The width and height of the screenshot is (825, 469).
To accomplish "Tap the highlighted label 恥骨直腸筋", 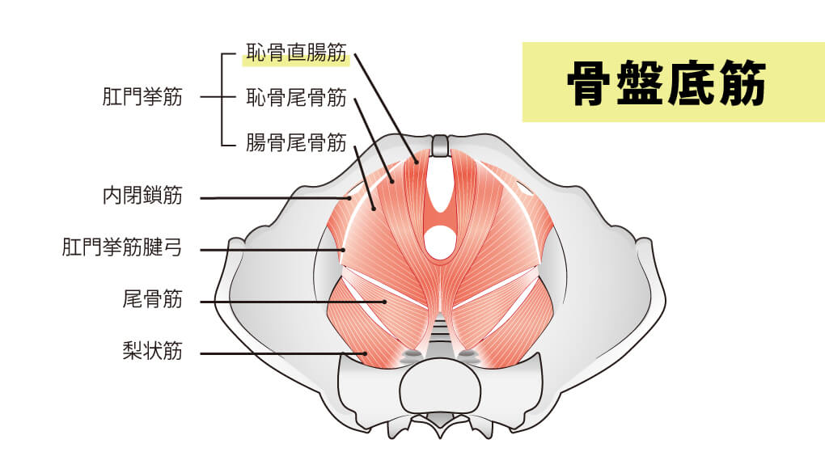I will [x=296, y=55].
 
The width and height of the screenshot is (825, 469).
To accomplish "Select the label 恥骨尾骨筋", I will [x=296, y=99].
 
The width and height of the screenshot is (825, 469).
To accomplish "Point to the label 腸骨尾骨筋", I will [x=296, y=144].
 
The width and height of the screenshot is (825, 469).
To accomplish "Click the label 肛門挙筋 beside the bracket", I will [x=142, y=99].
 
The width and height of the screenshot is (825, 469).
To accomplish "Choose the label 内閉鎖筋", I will [x=142, y=196].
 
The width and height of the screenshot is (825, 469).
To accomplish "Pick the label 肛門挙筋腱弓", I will [x=121, y=247].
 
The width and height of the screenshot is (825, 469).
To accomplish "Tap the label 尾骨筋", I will [x=152, y=301].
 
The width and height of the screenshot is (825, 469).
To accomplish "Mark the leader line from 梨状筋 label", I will [x=275, y=353].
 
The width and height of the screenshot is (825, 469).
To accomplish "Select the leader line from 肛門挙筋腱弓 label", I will [x=267, y=250].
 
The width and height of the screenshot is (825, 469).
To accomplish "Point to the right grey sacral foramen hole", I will [x=467, y=353].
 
